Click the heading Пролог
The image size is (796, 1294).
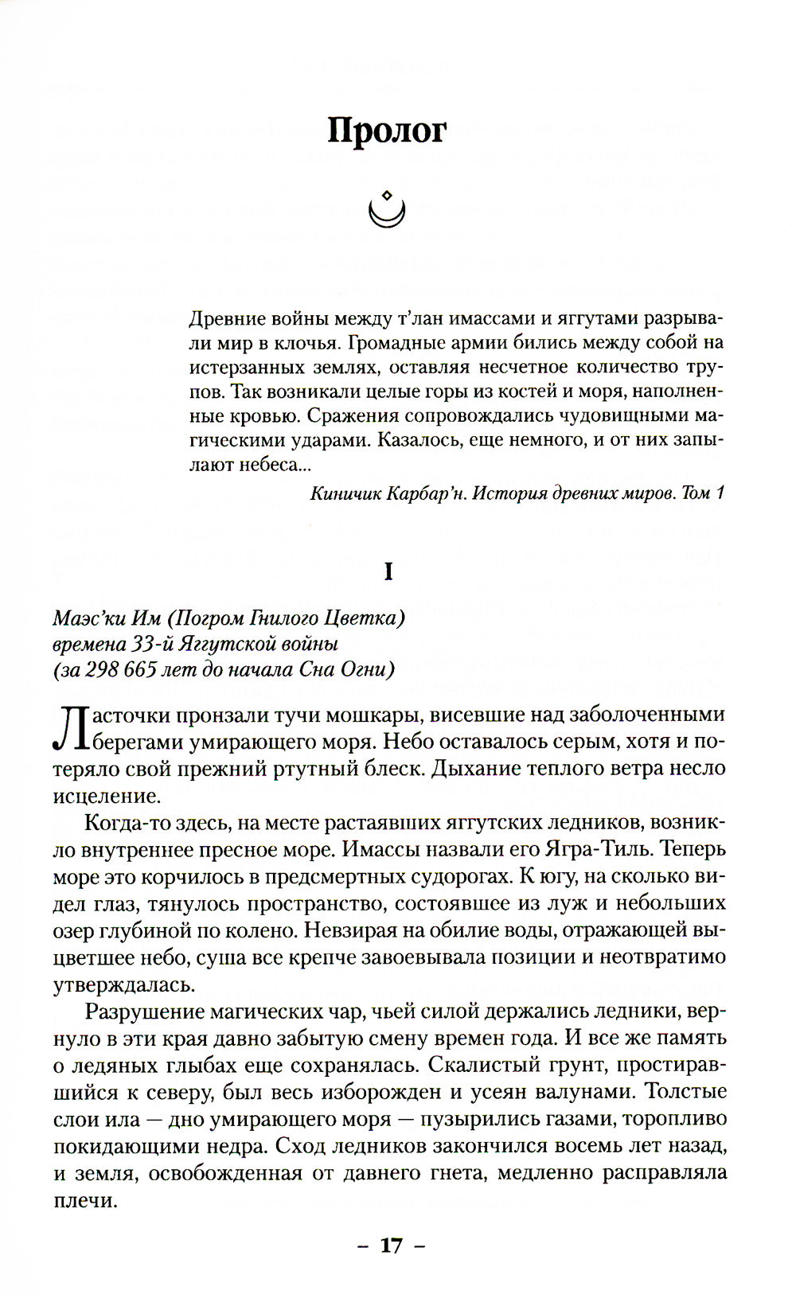tap(388, 131)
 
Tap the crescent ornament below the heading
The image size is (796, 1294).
tap(388, 209)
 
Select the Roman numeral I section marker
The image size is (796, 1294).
tap(388, 571)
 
